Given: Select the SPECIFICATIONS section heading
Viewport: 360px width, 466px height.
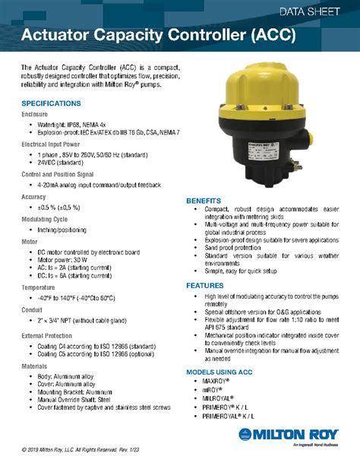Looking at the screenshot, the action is [51, 103].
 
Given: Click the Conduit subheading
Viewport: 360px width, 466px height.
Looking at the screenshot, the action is [32, 309].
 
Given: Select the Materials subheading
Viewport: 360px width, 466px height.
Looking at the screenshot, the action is [34, 365].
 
